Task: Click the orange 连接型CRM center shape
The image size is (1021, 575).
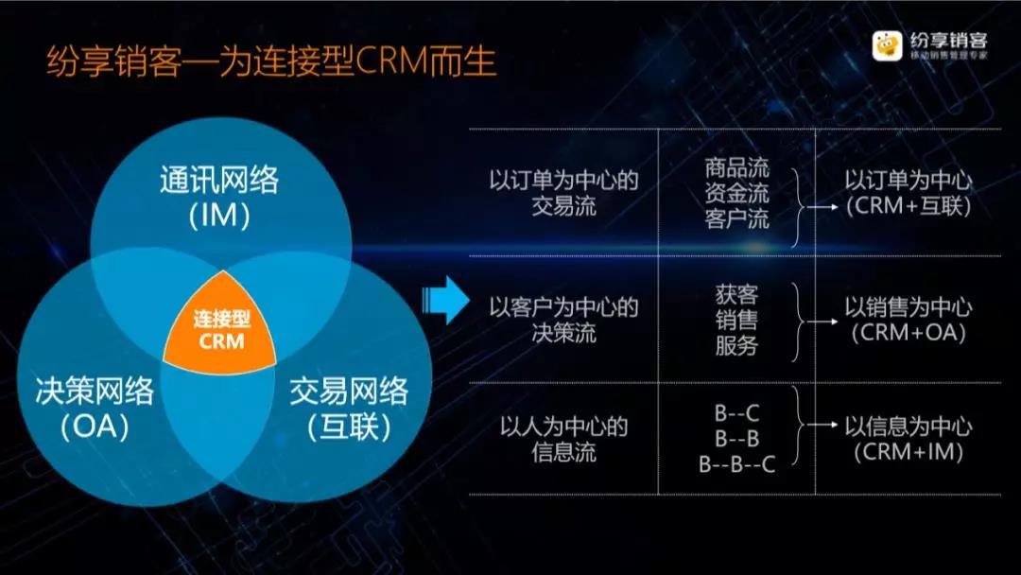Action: click(x=220, y=325)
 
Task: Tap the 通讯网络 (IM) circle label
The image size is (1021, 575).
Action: click(x=219, y=198)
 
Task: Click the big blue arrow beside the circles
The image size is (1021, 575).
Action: click(x=446, y=300)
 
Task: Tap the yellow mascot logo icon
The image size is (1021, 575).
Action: click(x=887, y=45)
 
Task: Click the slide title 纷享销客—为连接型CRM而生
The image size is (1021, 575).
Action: click(x=271, y=61)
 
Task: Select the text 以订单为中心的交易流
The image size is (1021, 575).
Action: click(x=563, y=193)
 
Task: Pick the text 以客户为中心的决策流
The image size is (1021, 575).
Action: click(x=563, y=320)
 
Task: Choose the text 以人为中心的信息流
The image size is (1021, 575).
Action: click(x=563, y=439)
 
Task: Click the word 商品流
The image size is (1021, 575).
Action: click(x=737, y=168)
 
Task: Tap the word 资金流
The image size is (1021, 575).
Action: click(x=737, y=193)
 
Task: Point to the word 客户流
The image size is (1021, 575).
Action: click(x=737, y=218)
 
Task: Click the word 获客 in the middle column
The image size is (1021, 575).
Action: click(x=737, y=294)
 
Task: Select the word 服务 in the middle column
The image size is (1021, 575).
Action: click(x=737, y=345)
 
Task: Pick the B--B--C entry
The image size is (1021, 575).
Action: click(x=737, y=464)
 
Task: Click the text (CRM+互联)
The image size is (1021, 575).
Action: click(x=909, y=206)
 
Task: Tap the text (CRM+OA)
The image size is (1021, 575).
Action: click(x=909, y=333)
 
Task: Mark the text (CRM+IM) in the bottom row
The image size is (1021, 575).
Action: click(x=909, y=452)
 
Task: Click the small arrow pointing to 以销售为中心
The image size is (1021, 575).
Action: click(x=822, y=321)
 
